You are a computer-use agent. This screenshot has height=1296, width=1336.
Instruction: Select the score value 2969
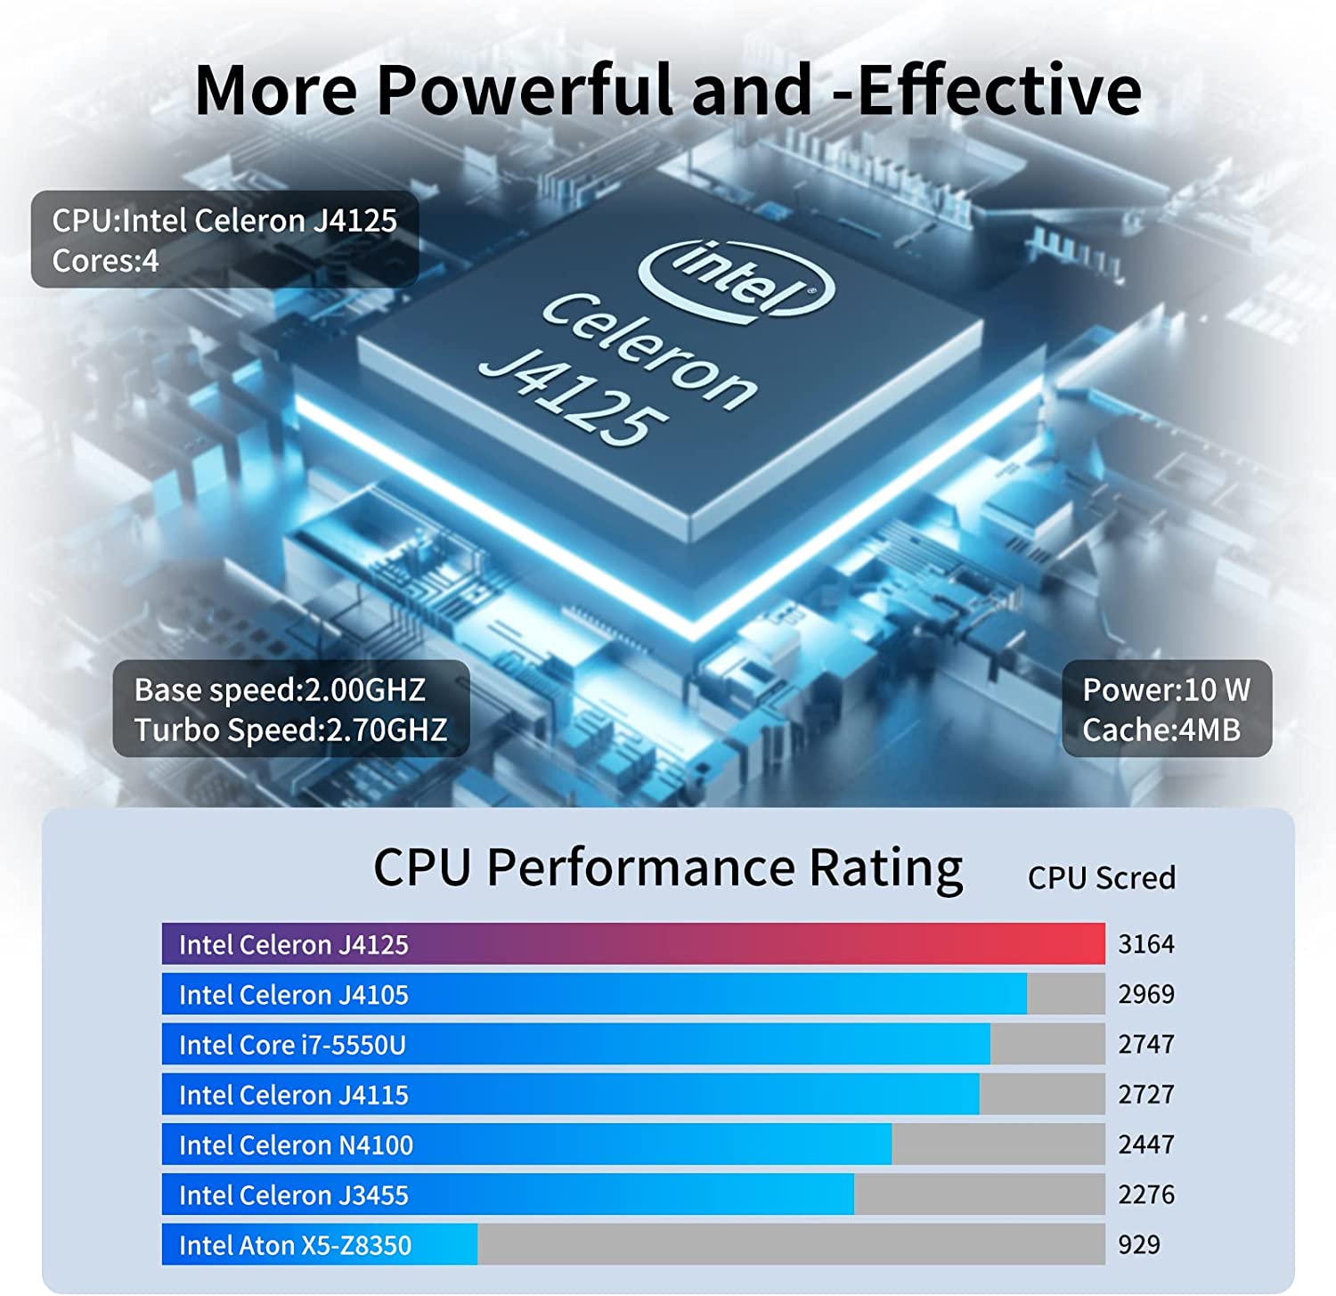point(1146,994)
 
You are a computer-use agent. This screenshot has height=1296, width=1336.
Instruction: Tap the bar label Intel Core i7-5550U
point(292,1045)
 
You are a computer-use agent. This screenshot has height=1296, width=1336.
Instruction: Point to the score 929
point(1139,1244)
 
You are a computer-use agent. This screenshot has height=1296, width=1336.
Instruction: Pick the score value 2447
point(1146,1145)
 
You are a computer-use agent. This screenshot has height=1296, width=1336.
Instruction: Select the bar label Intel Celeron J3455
point(293,1194)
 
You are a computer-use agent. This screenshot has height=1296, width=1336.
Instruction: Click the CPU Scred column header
point(1101,878)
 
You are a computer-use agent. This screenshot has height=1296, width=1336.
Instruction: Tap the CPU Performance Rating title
point(667,868)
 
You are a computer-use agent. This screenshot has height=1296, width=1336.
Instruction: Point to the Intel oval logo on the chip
point(737,277)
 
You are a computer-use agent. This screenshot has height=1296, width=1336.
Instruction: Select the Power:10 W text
point(1166,689)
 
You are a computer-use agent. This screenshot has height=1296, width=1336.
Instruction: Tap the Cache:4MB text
point(1161,730)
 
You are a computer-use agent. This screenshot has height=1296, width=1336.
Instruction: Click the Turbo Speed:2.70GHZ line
point(290,730)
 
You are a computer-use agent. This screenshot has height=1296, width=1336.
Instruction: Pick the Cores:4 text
point(105,261)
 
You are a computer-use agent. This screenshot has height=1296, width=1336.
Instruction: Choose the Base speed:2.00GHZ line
point(280,689)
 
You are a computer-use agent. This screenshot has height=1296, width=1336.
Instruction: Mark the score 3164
point(1146,944)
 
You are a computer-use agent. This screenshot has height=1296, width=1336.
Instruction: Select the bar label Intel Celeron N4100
point(296,1145)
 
